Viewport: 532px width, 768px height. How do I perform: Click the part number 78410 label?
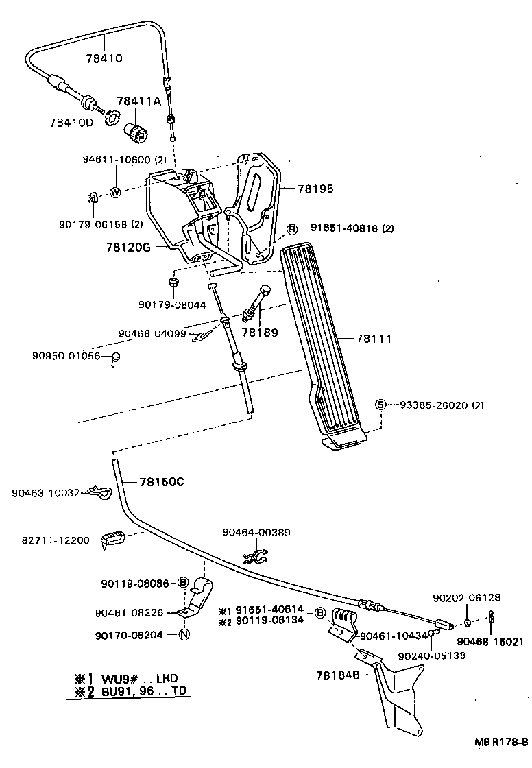(x=104, y=58)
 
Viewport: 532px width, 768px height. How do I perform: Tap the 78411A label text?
(x=138, y=101)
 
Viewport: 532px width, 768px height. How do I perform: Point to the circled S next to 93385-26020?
(x=380, y=405)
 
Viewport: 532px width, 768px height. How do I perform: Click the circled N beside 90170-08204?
(x=184, y=635)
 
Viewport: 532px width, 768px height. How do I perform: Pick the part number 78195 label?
(x=315, y=189)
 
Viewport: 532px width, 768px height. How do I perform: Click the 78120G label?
(x=128, y=248)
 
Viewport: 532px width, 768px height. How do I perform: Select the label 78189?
(x=260, y=332)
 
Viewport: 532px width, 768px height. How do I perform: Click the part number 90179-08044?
(x=173, y=304)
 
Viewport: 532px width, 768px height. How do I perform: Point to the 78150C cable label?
(x=162, y=482)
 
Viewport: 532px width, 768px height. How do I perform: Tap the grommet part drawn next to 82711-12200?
(x=112, y=539)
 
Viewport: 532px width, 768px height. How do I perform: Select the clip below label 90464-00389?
(x=256, y=556)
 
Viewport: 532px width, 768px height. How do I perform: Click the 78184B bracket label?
(x=338, y=675)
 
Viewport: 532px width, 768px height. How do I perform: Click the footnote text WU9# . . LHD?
(x=140, y=679)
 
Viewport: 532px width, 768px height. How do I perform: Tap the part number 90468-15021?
(x=490, y=641)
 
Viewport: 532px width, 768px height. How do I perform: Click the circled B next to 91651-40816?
(x=292, y=229)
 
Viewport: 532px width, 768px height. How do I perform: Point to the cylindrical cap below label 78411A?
(x=137, y=132)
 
